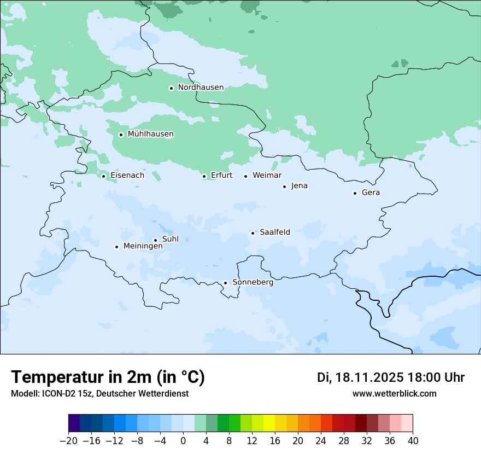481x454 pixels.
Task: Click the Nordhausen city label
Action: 201,88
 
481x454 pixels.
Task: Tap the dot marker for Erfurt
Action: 204,176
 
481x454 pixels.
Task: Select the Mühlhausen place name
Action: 150,134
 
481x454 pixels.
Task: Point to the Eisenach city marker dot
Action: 103,176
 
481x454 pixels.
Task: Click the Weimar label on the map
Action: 267,176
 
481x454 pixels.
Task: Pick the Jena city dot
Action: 284,187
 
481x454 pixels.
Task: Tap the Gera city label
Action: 371,193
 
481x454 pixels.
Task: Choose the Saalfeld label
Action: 275,232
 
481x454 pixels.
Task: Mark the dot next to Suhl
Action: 155,240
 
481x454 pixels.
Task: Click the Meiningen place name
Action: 143,246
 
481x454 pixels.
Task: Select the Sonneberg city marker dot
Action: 225,283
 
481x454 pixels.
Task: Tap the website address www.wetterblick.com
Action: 394,393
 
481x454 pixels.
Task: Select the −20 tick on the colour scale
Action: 69,441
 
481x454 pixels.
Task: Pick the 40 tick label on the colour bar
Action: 413,441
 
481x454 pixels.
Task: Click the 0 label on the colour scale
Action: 183,441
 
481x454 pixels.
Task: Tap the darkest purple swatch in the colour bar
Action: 74,423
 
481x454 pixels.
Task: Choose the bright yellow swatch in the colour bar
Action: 269,423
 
